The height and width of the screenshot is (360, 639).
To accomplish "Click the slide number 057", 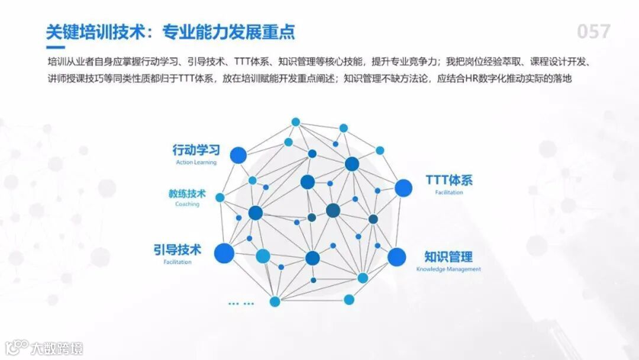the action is click(593, 31).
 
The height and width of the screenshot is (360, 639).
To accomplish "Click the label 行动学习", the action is click(196, 150).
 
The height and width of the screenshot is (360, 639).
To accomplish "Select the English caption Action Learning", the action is click(196, 162).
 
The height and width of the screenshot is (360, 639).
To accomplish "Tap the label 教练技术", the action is click(187, 194).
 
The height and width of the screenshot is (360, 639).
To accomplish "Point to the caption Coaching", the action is click(187, 204).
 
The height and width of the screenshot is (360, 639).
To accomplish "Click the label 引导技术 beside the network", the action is click(177, 249).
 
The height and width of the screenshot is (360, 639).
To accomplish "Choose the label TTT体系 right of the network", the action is click(449, 180).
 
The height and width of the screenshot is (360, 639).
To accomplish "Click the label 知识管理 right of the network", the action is click(448, 257).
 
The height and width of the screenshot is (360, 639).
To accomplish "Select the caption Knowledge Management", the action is click(448, 269).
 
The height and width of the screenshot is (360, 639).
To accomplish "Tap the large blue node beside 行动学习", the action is click(238, 155).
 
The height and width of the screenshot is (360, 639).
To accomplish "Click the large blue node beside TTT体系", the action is click(403, 188).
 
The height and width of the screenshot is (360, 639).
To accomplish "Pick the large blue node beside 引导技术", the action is click(224, 253).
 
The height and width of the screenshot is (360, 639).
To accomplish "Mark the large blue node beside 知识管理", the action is click(397, 256).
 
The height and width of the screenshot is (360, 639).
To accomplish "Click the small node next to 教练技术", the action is click(220, 197).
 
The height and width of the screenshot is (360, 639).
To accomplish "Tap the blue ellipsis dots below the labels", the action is click(241, 304).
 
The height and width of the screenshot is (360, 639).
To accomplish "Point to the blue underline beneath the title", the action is click(56, 46).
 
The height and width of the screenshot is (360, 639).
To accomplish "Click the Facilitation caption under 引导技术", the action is click(177, 262).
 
